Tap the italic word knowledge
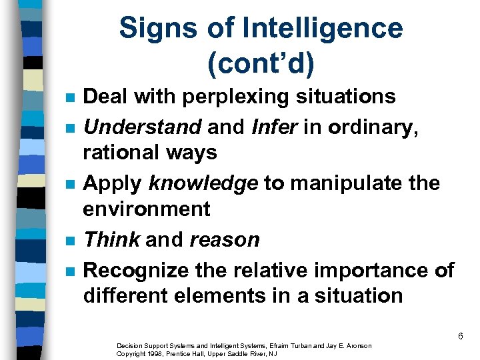[x=203, y=183]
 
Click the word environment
[x=147, y=209]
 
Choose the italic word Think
[x=111, y=239]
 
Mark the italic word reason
[x=225, y=240]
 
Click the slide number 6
[x=461, y=336]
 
